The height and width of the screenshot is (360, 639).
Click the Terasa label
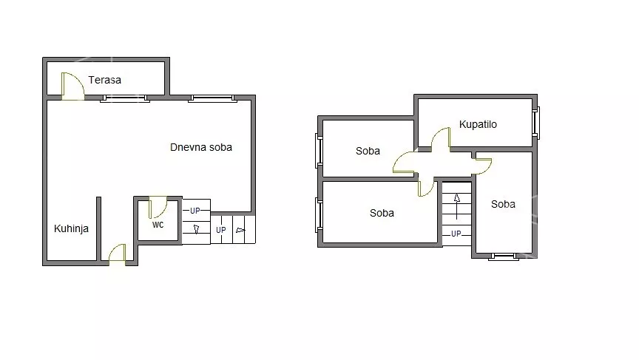pos(105,80)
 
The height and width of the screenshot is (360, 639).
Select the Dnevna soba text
pos(201,147)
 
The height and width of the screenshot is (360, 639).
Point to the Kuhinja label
pos(71,228)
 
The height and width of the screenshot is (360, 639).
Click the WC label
pos(158,225)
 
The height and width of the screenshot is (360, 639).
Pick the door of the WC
pos(158,207)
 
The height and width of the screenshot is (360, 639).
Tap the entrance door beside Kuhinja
pos(117,253)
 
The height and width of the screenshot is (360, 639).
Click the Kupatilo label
pos(478,124)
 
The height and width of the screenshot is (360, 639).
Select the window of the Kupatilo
pos(536,123)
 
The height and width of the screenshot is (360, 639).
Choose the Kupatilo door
pos(441,138)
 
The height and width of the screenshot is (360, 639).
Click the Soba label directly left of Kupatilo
pos(368,151)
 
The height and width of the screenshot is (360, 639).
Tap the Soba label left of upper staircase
pos(382,213)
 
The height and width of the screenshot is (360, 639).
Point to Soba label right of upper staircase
pos(503,204)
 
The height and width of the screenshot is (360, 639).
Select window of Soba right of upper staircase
pos(504,257)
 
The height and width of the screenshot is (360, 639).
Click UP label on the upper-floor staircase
pos(456,234)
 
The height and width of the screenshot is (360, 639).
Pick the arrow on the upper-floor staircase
pos(457,206)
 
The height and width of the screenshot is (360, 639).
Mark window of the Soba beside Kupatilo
pos(319,151)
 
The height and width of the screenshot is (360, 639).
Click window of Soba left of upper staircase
pos(319,214)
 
